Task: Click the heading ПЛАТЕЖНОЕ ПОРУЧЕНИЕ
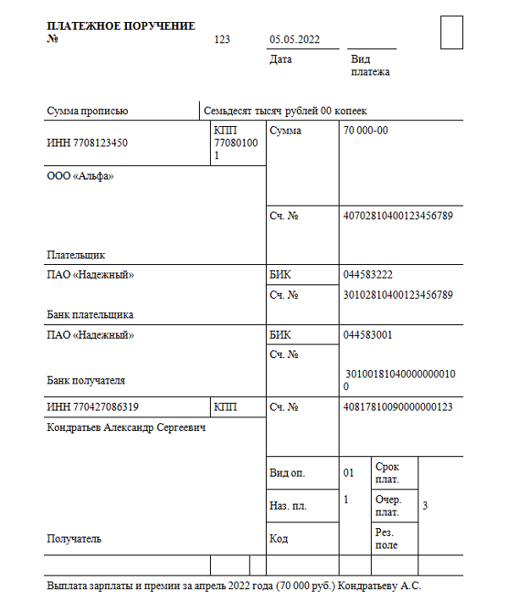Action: [121, 26]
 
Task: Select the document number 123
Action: [223, 40]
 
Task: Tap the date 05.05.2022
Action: [294, 40]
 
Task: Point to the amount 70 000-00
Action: [366, 130]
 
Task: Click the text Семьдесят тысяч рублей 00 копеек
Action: [285, 110]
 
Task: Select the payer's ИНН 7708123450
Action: [87, 143]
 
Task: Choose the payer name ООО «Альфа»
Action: [80, 176]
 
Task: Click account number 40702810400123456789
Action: [398, 215]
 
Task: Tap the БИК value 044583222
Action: [367, 275]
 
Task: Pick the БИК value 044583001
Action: [367, 334]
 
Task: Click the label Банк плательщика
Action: [91, 314]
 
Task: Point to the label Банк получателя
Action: [86, 380]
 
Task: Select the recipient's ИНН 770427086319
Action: [93, 407]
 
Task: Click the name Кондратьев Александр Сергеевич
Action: [127, 427]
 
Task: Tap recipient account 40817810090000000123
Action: [398, 407]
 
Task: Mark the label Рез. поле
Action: [386, 538]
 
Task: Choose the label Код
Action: [279, 538]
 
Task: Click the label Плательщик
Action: [76, 254]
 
